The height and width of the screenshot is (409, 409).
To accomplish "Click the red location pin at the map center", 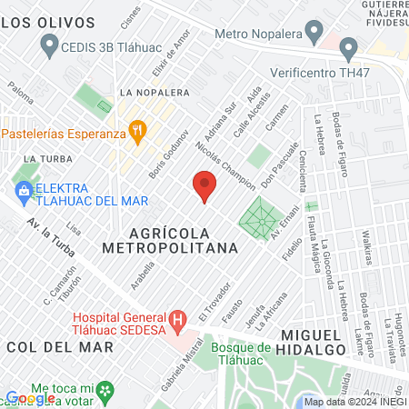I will pyautogui.click(x=204, y=185).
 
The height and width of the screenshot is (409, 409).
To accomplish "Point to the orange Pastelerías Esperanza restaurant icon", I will pyautogui.click(x=136, y=132).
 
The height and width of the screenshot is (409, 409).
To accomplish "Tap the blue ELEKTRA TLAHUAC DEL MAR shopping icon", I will pyautogui.click(x=23, y=191).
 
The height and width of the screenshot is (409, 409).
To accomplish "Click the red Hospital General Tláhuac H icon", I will pyautogui.click(x=178, y=319).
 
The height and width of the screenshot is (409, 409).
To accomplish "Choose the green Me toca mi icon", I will pyautogui.click(x=107, y=391).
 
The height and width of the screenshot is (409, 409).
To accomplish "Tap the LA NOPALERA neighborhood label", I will pyautogui.click(x=155, y=93).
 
